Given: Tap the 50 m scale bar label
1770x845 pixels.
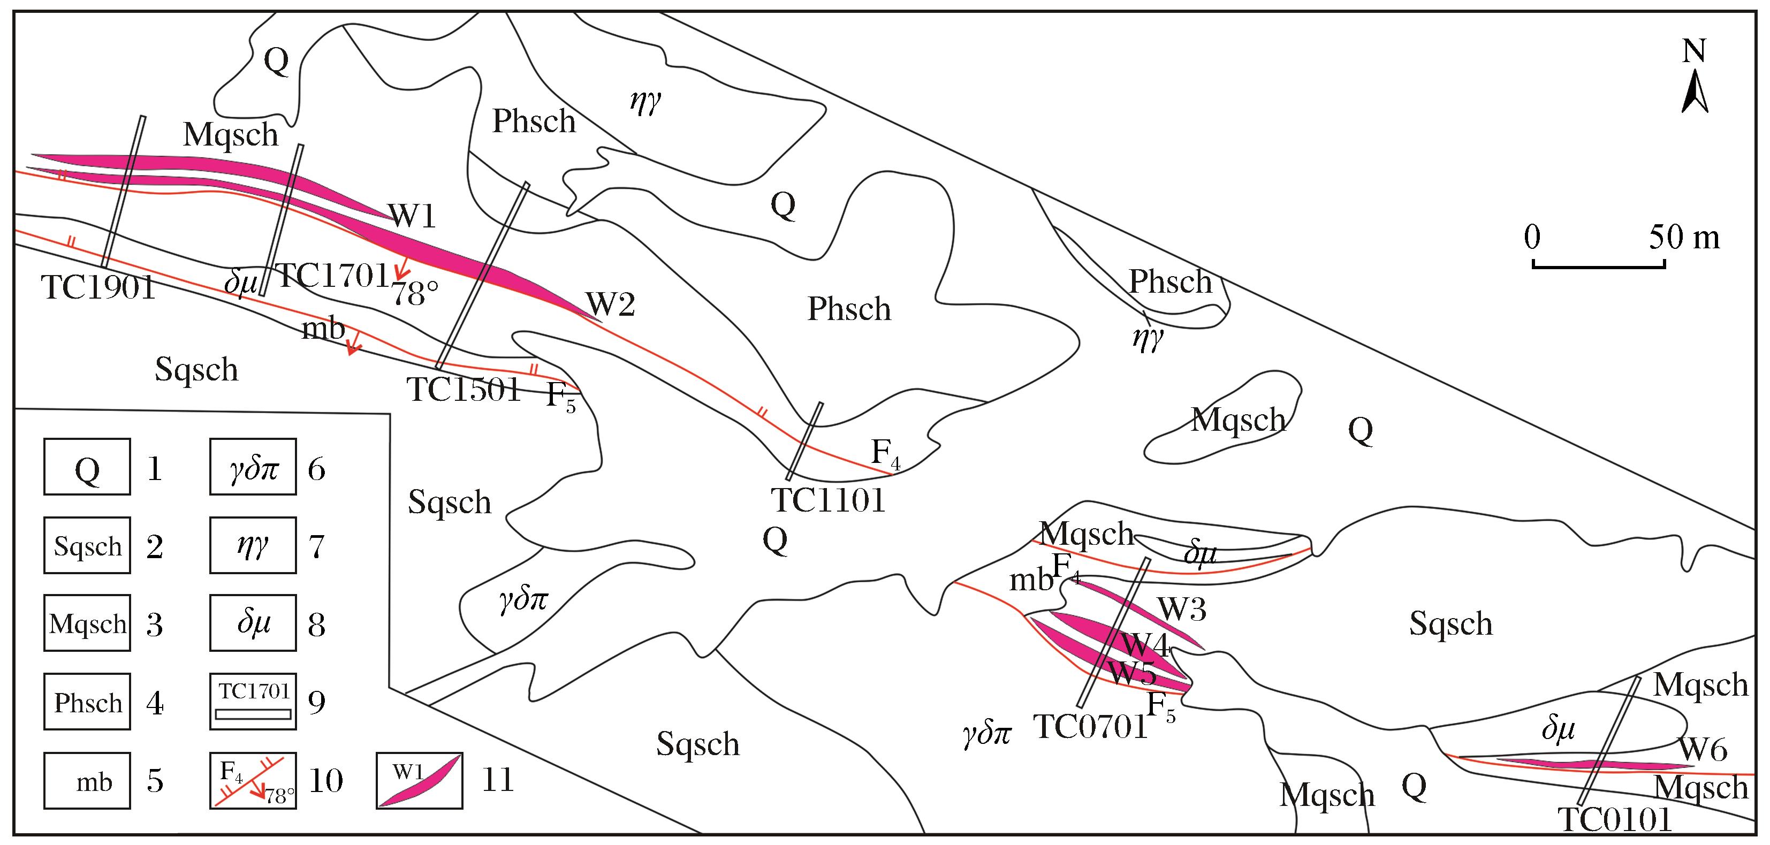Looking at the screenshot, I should tap(1684, 238).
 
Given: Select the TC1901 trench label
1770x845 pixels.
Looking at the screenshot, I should tap(98, 287).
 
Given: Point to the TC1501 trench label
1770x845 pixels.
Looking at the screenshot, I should tap(465, 390).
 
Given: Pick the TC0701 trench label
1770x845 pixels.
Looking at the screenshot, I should tap(1090, 726).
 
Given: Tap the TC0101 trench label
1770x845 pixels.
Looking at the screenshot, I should tap(1614, 820).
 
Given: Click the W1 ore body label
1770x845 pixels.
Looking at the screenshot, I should tap(412, 216).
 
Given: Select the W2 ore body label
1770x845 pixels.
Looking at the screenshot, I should tap(610, 303).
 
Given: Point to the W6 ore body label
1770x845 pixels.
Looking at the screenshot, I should tap(1703, 749).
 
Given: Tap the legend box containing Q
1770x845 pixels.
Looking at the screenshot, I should tap(87, 467).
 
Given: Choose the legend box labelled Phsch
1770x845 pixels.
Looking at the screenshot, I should tap(87, 702).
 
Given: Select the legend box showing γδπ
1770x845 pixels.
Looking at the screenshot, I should tap(253, 467).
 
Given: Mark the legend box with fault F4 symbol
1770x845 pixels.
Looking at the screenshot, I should tap(253, 780).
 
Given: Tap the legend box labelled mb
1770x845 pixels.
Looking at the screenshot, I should tap(87, 780).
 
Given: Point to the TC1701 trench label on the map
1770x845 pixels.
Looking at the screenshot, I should tap(332, 276).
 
